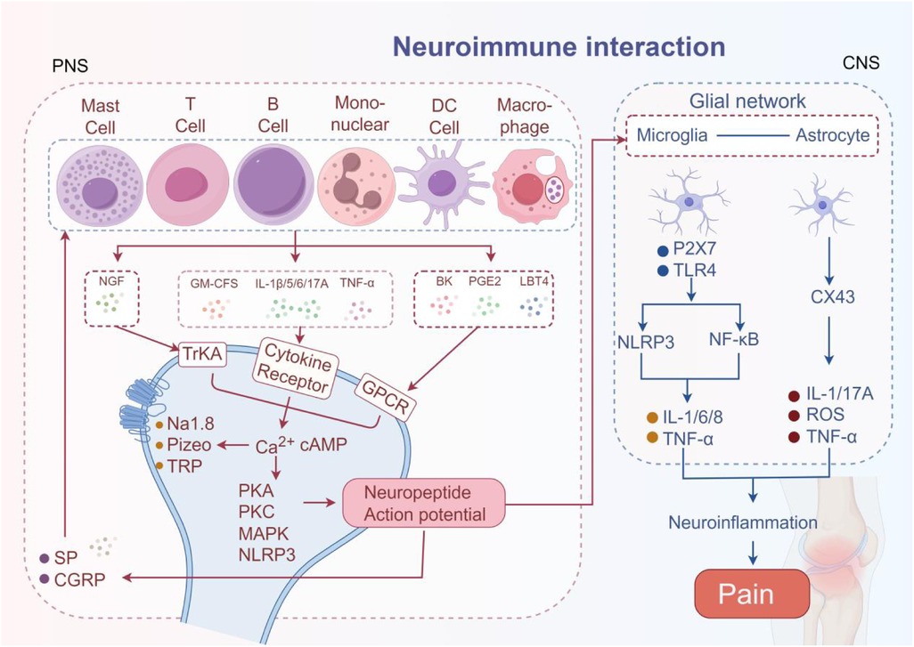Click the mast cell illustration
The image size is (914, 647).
99,184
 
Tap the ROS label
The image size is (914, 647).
828,416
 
